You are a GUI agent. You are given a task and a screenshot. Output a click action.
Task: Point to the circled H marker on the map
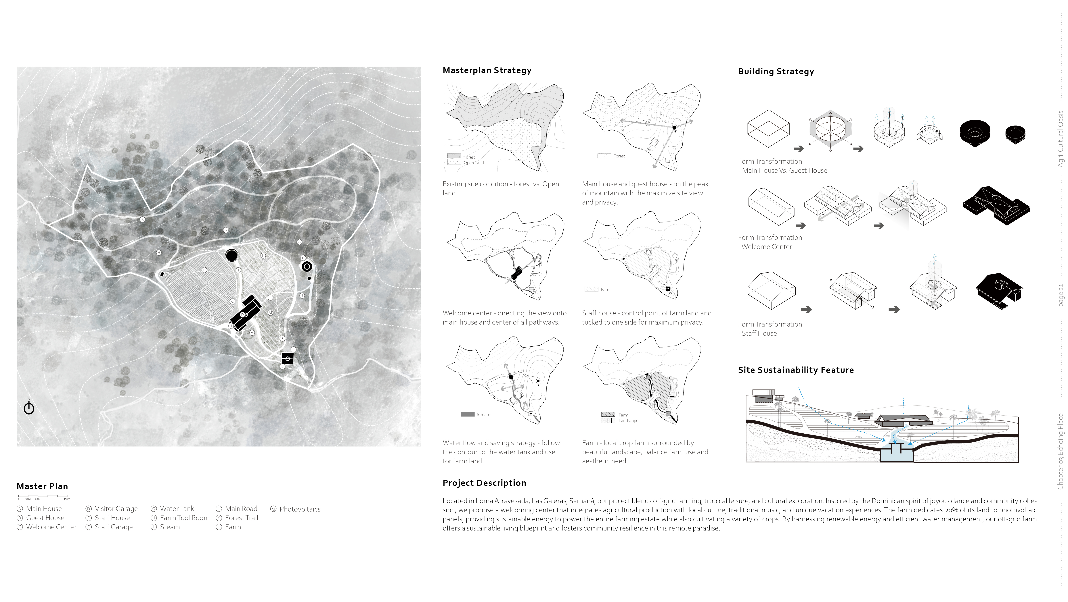click(159, 252)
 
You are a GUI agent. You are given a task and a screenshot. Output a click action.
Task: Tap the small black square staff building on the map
click(287, 358)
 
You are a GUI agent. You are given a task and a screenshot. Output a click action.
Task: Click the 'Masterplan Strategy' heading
click(487, 70)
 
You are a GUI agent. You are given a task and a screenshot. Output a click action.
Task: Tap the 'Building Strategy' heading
click(776, 71)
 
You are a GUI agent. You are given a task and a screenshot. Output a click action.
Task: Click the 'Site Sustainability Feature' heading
click(796, 370)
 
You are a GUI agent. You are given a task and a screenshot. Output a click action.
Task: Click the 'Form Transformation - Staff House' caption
click(770, 329)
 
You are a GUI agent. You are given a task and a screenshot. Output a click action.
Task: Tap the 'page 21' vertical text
click(1061, 295)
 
